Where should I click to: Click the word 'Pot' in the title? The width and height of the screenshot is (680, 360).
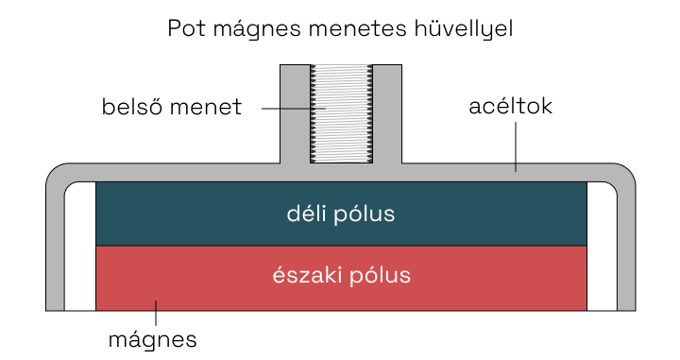click(x=187, y=28)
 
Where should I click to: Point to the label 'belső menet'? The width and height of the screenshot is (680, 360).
click(x=172, y=107)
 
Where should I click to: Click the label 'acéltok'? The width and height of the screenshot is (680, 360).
click(x=510, y=107)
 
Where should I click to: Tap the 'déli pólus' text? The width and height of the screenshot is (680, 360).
click(x=340, y=214)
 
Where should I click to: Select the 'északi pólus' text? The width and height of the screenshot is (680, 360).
click(x=340, y=277)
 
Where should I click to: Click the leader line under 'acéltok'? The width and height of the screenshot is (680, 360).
click(x=516, y=146)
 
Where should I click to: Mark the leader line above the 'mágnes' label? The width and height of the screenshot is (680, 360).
click(x=156, y=314)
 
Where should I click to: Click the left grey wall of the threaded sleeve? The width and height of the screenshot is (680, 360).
click(x=295, y=113)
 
